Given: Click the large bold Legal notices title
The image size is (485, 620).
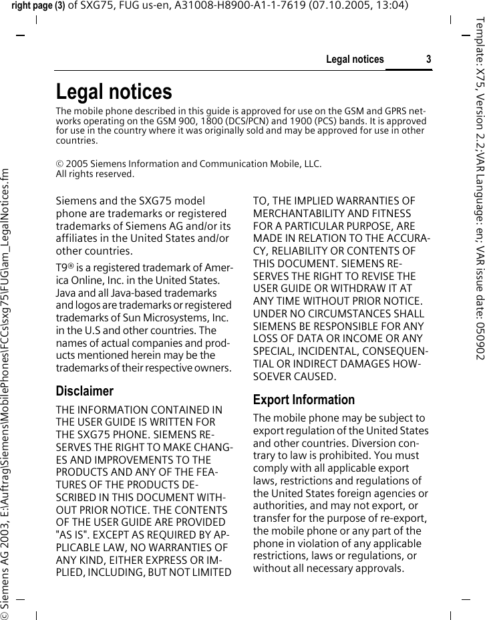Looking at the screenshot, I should [x=114, y=92].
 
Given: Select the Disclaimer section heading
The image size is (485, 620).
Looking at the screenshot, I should [x=84, y=390].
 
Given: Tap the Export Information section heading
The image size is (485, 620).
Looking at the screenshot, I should [x=304, y=400].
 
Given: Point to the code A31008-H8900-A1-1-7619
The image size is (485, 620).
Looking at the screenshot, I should [x=239, y=6].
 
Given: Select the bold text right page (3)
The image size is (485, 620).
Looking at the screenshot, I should [x=38, y=6].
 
